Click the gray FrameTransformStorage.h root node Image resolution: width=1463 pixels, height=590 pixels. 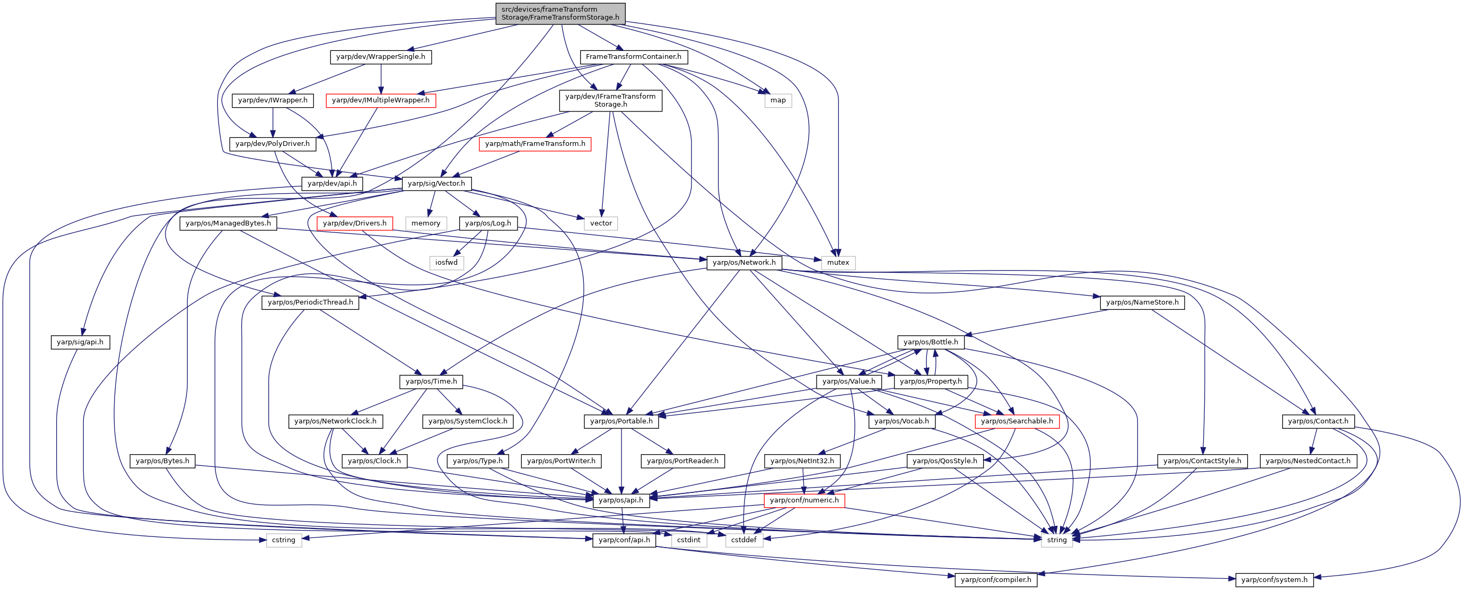[560, 13]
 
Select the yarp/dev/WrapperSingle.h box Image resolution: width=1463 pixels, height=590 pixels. [381, 57]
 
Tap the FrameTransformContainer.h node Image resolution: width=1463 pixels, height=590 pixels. [633, 57]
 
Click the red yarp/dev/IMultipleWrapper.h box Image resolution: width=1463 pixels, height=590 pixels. [381, 100]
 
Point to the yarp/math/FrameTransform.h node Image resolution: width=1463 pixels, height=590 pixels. [535, 144]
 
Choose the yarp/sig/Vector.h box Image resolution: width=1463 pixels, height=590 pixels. [436, 184]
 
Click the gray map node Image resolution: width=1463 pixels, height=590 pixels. [778, 100]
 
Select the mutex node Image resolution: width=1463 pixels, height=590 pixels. [838, 263]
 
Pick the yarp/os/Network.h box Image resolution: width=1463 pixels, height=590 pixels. [744, 263]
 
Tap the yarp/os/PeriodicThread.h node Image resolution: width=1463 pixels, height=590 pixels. [310, 302]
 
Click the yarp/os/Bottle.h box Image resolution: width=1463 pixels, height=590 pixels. [930, 342]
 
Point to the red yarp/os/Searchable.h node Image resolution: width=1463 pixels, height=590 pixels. [1017, 421]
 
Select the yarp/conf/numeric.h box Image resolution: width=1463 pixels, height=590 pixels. [804, 500]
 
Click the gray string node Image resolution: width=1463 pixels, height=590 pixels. [1056, 540]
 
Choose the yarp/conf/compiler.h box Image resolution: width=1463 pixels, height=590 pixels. [996, 580]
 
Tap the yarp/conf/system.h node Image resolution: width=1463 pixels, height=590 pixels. [1274, 580]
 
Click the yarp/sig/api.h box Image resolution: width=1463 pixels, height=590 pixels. [80, 342]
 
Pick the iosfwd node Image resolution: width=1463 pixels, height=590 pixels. [446, 263]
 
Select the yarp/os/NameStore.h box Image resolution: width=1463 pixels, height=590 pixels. [1142, 302]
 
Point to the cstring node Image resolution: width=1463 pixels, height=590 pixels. [283, 540]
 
